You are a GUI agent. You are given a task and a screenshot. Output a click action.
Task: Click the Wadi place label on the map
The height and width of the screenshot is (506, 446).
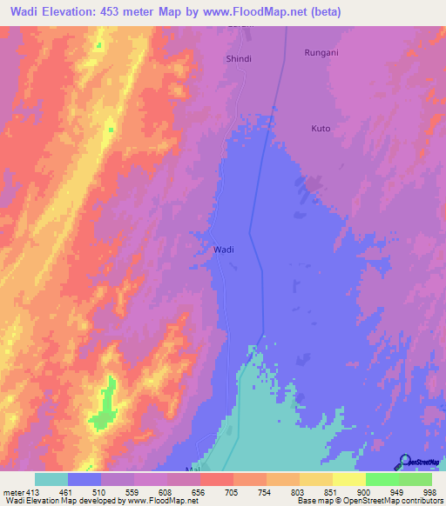click(223, 250)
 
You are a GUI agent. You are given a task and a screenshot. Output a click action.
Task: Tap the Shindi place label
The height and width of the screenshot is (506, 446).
click(239, 58)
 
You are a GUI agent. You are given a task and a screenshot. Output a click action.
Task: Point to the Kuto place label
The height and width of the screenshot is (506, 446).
click(321, 128)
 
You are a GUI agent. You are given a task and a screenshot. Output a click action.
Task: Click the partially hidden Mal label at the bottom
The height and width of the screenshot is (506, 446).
click(193, 468)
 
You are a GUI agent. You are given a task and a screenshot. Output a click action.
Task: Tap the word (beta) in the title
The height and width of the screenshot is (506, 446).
click(321, 12)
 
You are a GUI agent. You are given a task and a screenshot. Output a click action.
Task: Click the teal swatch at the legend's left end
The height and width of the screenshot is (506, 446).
click(51, 479)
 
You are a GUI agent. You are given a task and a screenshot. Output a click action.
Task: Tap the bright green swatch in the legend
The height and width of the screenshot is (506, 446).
click(382, 479)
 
